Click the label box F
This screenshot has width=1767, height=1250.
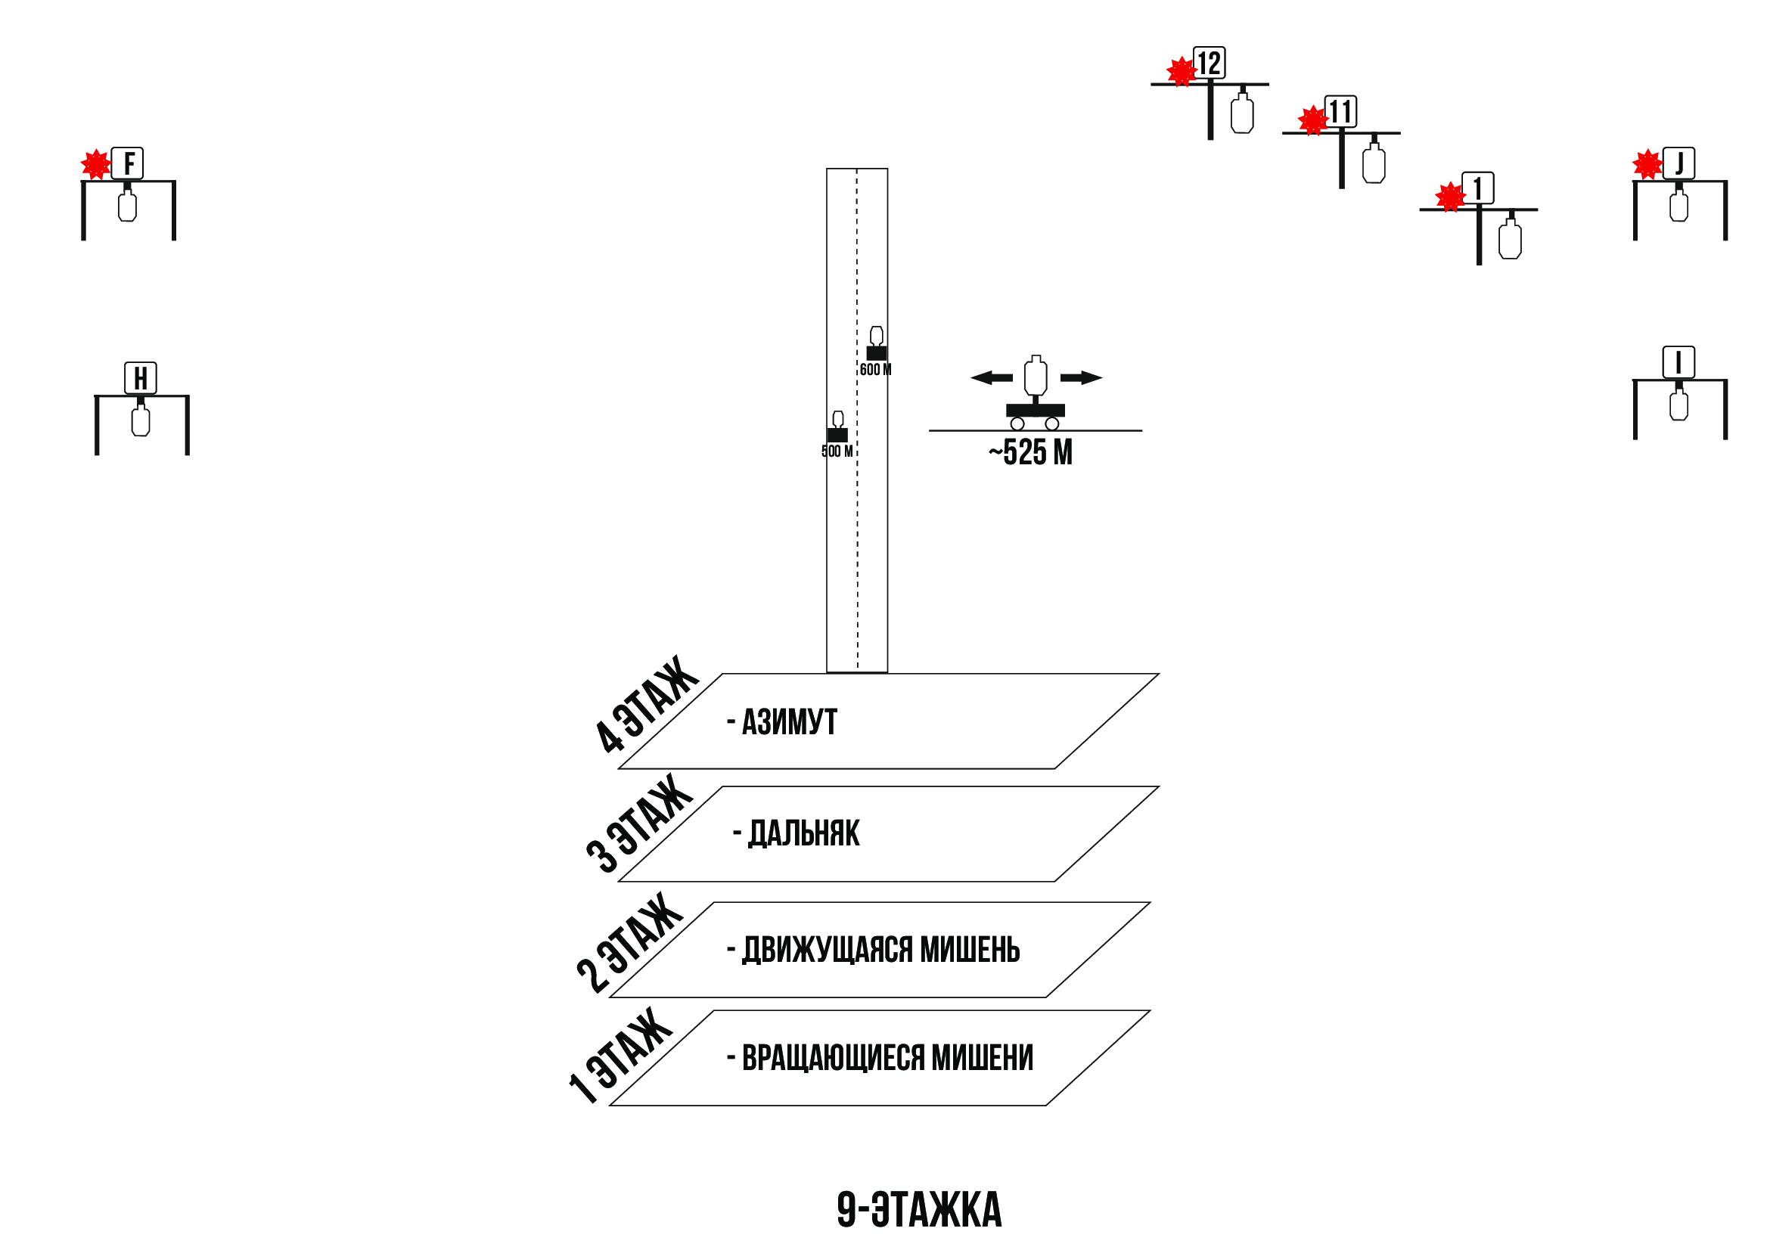[127, 163]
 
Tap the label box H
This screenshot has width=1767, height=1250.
[141, 378]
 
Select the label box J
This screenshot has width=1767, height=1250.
[1678, 163]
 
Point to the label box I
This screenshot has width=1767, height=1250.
[1678, 362]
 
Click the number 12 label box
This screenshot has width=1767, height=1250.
[1209, 63]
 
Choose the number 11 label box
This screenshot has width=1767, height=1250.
[1340, 112]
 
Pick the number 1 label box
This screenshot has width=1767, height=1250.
[1477, 188]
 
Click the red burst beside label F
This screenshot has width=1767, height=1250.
[96, 165]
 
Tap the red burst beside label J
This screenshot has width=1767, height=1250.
[1647, 165]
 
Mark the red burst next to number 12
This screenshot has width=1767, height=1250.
[1181, 72]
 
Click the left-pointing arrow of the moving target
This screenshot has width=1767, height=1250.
[992, 377]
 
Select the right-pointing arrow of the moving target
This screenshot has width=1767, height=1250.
[1081, 377]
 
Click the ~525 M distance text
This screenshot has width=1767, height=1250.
[1030, 452]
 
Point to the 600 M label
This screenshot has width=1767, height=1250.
[875, 370]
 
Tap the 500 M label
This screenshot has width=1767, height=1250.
[837, 451]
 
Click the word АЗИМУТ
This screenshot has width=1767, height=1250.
[789, 722]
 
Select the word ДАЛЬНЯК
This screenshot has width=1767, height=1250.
[804, 833]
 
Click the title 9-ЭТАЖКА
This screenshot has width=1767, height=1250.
[919, 1209]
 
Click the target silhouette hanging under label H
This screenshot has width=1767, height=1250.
[141, 421]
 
